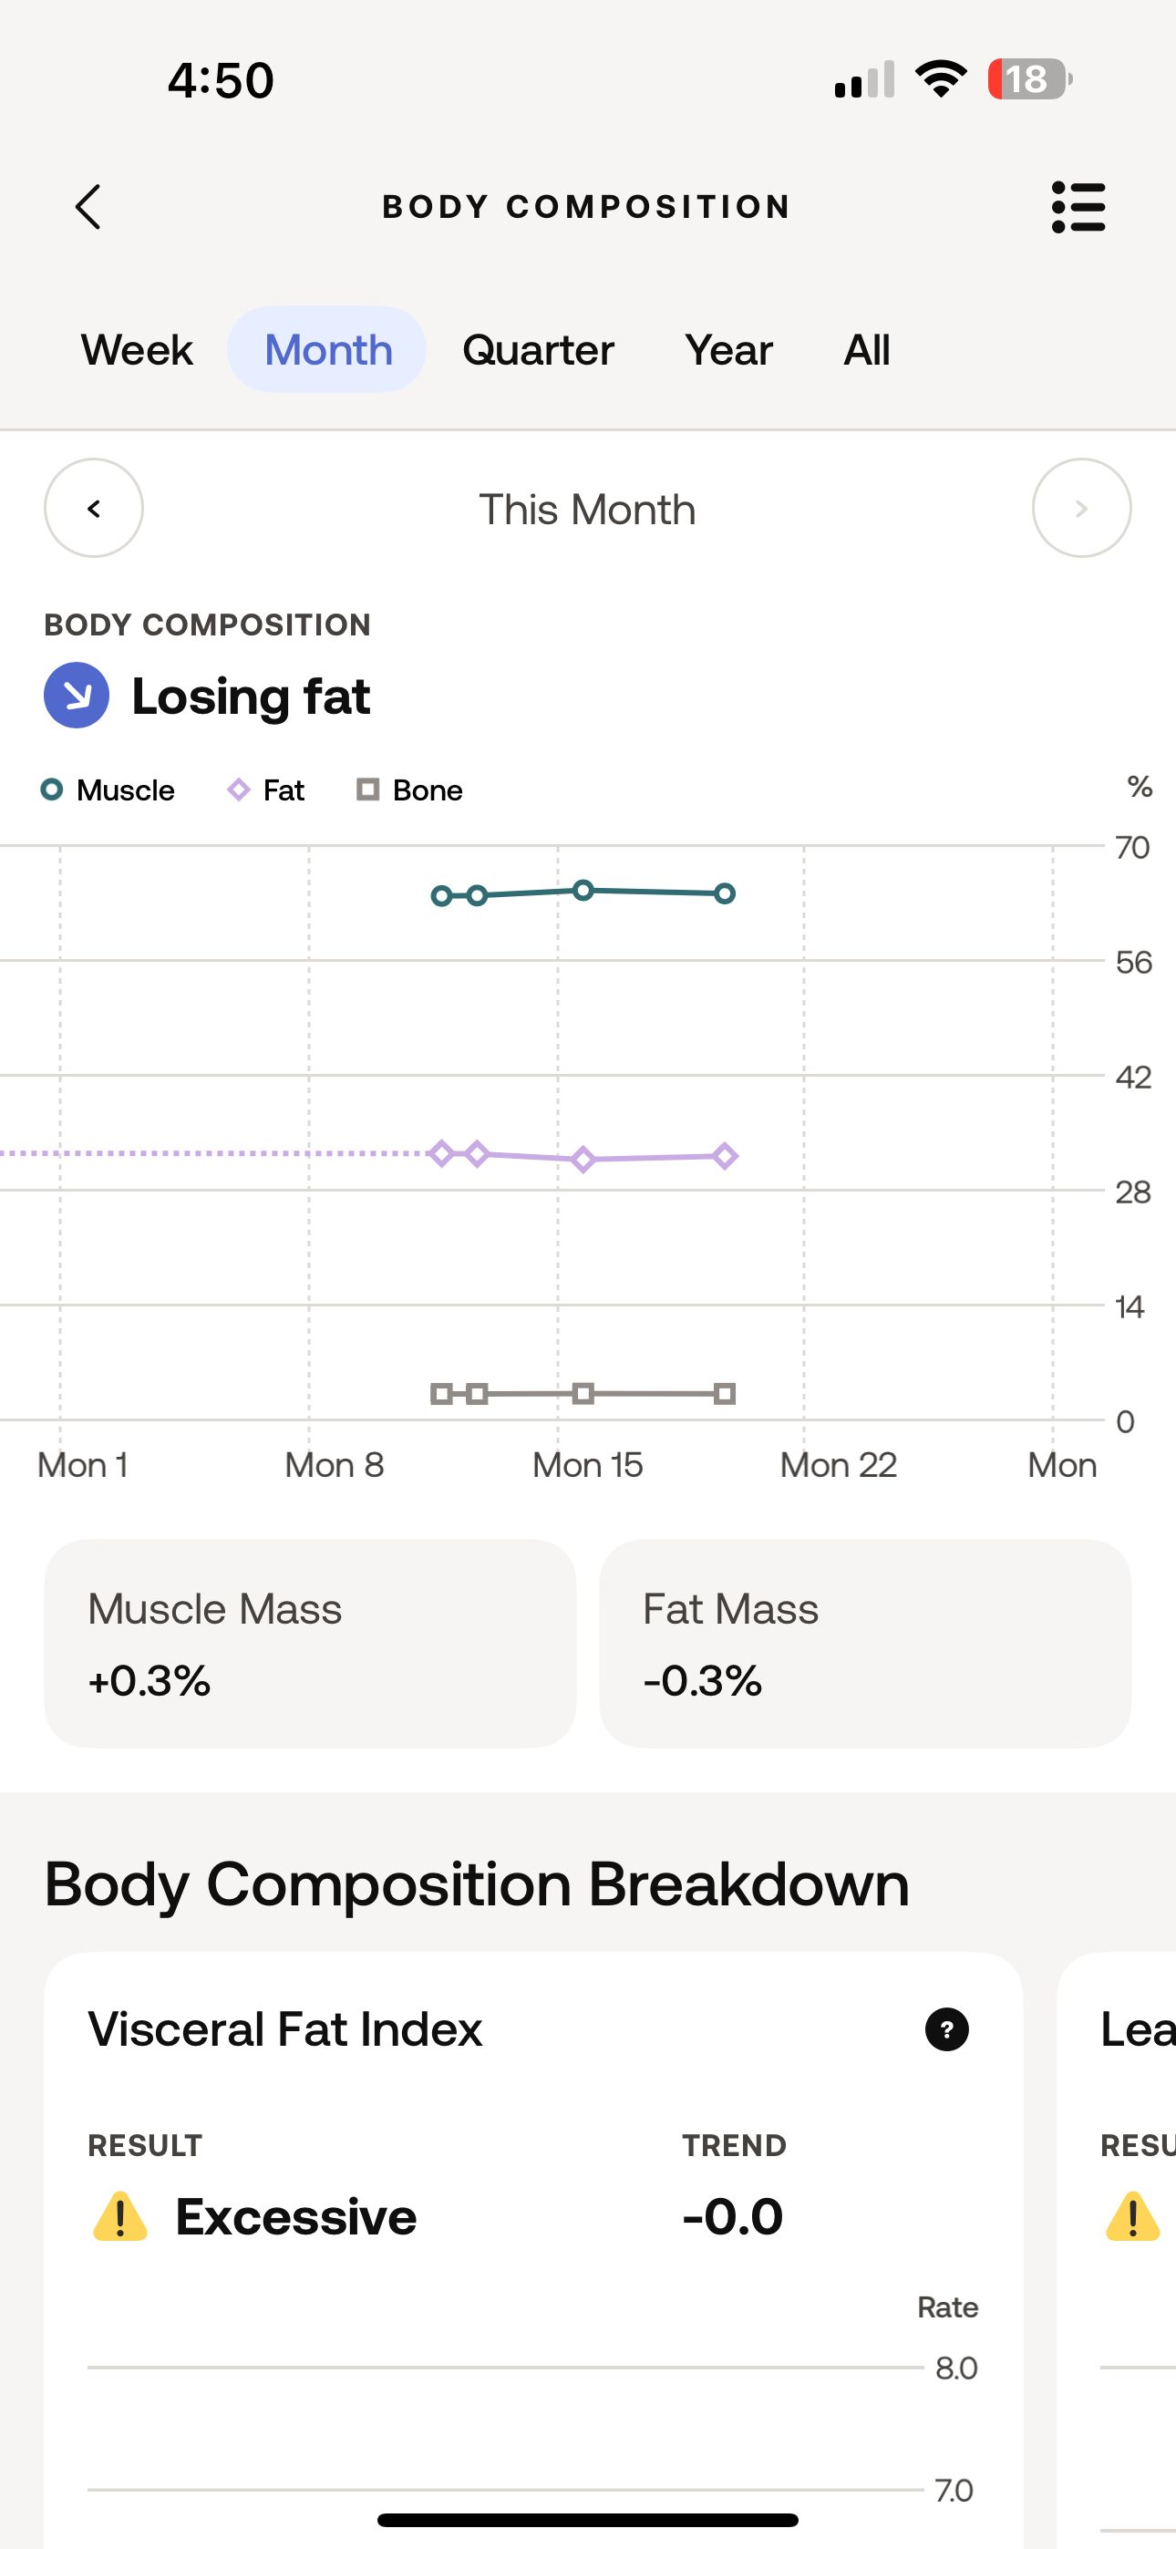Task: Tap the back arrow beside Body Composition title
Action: [88, 207]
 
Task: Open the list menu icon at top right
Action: [1078, 207]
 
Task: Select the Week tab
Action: [137, 350]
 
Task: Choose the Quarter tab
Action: [538, 350]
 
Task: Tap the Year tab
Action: [727, 350]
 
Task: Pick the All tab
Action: [866, 350]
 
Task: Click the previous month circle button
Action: [94, 509]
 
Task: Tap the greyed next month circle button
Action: [1081, 509]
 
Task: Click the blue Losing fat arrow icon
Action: [77, 696]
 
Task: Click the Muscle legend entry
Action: [108, 790]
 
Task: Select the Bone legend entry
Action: [410, 790]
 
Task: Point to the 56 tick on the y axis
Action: [1132, 962]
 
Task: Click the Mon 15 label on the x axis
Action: [587, 1464]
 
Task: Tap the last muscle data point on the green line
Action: [725, 893]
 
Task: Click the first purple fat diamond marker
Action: [441, 1152]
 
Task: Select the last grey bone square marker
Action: [725, 1394]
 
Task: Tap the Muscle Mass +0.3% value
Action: [150, 1680]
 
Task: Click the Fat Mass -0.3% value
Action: [703, 1680]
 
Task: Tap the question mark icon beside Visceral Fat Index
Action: [946, 2029]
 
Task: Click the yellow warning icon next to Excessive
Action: [119, 2216]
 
